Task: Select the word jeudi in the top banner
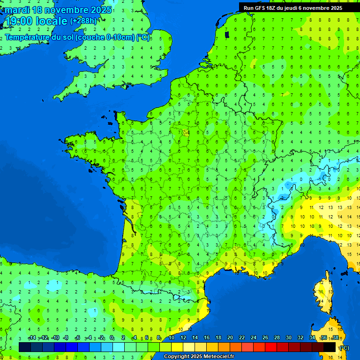pyautogui.click(x=300, y=8)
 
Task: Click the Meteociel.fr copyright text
pyautogui.click(x=199, y=357)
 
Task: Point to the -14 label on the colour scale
pyautogui.click(x=32, y=338)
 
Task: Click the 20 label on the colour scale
pyautogui.click(x=230, y=338)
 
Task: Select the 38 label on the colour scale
pyautogui.click(x=336, y=338)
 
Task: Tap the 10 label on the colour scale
pyautogui.click(x=172, y=338)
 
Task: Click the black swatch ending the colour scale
pyautogui.click(x=330, y=347)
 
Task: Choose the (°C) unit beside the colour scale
pyautogui.click(x=344, y=347)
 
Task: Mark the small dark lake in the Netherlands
pyautogui.click(x=227, y=34)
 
